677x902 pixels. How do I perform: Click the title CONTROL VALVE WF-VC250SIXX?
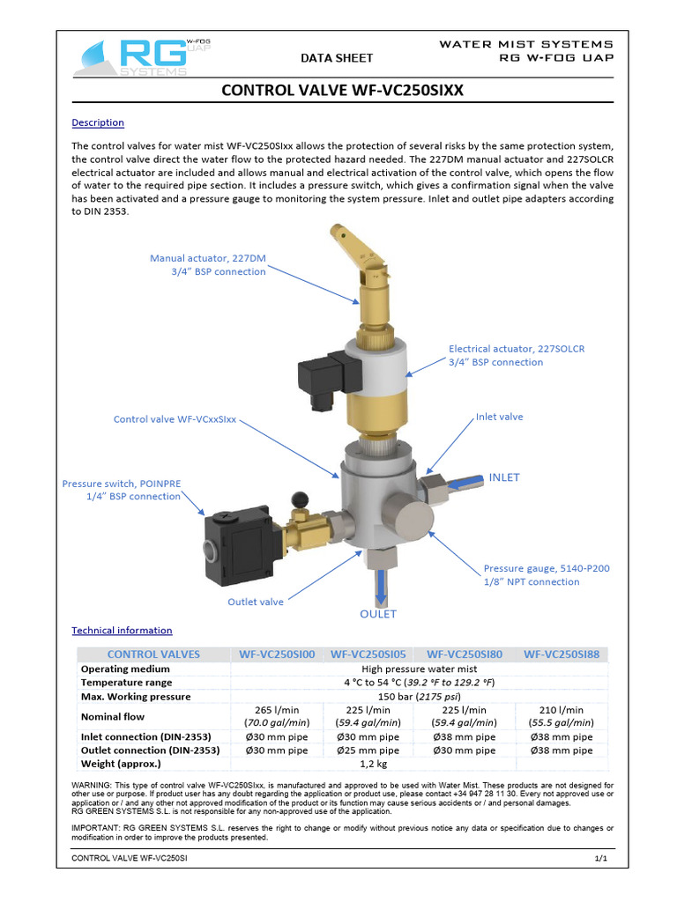pyautogui.click(x=342, y=90)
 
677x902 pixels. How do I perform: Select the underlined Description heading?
pyautogui.click(x=97, y=122)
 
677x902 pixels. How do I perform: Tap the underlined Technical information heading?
pyautogui.click(x=122, y=631)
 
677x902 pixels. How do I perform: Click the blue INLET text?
pyautogui.click(x=504, y=477)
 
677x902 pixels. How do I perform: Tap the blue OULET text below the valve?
pyautogui.click(x=377, y=614)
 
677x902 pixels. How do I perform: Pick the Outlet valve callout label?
pyautogui.click(x=256, y=602)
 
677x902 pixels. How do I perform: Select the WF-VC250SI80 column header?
pyautogui.click(x=464, y=654)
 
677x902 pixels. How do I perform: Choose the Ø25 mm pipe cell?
pyautogui.click(x=368, y=750)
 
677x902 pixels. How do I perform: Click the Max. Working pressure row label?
pyautogui.click(x=136, y=696)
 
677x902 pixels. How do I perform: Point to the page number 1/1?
pyautogui.click(x=602, y=858)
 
